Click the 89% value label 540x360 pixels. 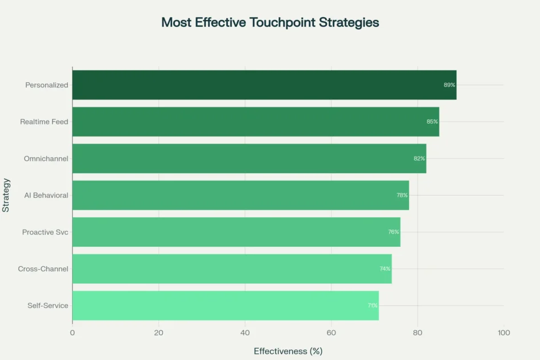(x=449, y=85)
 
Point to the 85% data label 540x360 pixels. (x=432, y=122)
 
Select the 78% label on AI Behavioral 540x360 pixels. (x=402, y=195)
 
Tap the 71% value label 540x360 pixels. (x=373, y=306)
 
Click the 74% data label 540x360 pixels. (x=385, y=269)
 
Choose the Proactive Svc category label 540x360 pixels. (x=45, y=232)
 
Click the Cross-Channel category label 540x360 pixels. (x=43, y=269)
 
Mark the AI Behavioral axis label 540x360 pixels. (x=46, y=195)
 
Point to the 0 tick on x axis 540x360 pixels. (x=73, y=333)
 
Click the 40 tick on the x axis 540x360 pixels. (x=245, y=333)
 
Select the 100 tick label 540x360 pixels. (x=503, y=333)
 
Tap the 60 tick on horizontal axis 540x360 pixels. (x=331, y=333)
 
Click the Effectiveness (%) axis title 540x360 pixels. (x=288, y=351)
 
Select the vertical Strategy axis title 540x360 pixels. (x=6, y=195)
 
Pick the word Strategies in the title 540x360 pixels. (x=349, y=23)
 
